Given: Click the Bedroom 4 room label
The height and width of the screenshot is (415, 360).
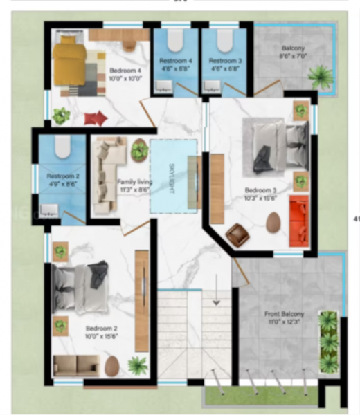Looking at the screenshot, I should click(x=125, y=70).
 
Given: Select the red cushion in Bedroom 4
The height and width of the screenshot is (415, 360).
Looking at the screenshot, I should click(x=96, y=118).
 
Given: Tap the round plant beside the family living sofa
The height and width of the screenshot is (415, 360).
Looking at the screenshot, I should click(x=139, y=149).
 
